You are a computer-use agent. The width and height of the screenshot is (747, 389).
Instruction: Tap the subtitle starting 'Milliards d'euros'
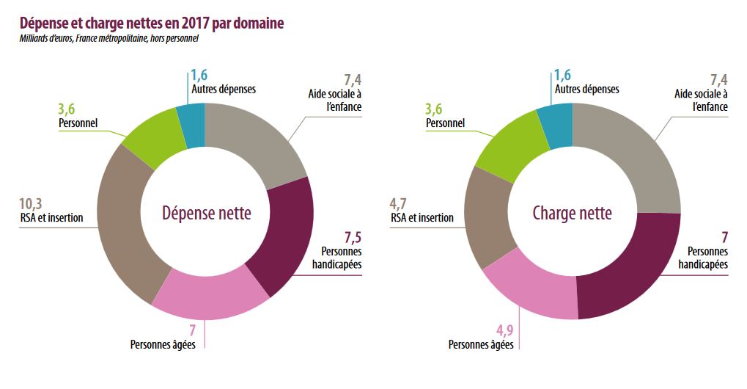109,39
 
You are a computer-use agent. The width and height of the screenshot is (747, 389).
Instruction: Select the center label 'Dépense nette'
206,214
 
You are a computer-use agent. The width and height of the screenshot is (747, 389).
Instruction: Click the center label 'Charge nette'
572,214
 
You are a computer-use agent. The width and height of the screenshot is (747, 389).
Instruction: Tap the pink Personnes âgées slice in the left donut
213,297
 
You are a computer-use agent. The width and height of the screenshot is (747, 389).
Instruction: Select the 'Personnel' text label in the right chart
445,123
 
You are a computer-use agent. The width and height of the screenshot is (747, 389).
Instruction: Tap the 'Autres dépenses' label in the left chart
223,89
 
